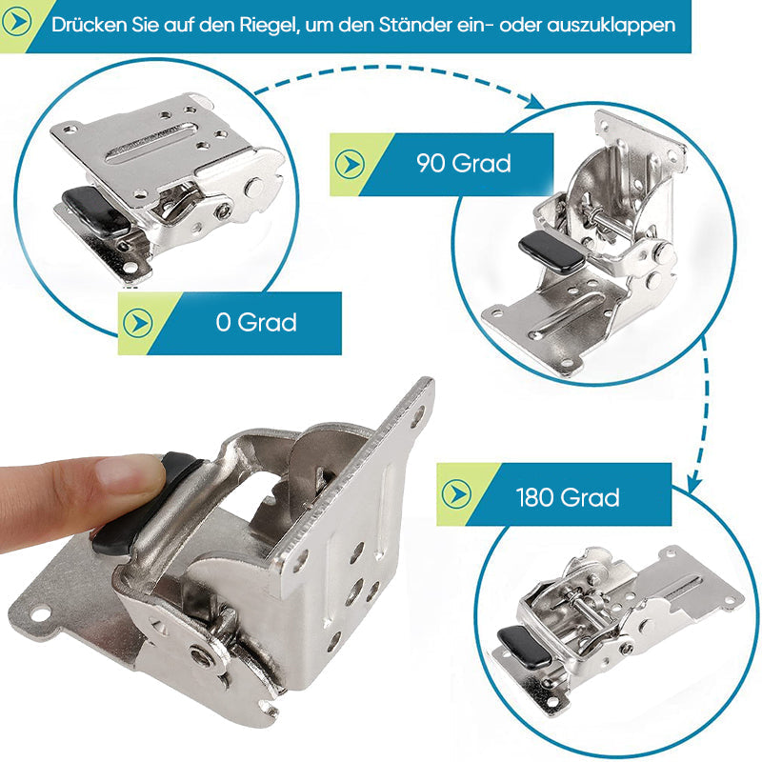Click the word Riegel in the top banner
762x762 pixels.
pyautogui.click(x=267, y=25)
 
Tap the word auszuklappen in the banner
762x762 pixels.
pyautogui.click(x=611, y=26)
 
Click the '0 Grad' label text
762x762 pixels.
pyautogui.click(x=256, y=322)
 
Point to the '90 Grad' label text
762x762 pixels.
pyautogui.click(x=464, y=163)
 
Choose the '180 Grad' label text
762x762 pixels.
pyautogui.click(x=568, y=497)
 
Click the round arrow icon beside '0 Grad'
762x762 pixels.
pyautogui.click(x=137, y=323)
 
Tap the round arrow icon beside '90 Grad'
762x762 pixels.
pyautogui.click(x=350, y=164)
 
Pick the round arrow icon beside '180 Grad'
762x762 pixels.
pyautogui.click(x=456, y=493)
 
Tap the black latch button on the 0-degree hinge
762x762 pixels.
pyautogui.click(x=96, y=211)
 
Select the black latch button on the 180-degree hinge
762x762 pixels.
pyautogui.click(x=525, y=646)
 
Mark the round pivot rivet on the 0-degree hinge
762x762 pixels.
pyautogui.click(x=254, y=187)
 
